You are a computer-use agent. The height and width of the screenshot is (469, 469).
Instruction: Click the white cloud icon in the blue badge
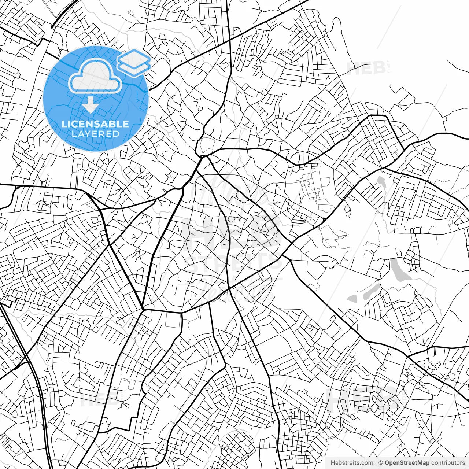pyautogui.click(x=96, y=76)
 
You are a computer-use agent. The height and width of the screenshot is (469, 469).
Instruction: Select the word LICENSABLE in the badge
pyautogui.click(x=95, y=124)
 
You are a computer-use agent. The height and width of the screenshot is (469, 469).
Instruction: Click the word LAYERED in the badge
pyautogui.click(x=95, y=134)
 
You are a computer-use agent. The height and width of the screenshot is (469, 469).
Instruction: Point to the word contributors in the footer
pyautogui.click(x=447, y=463)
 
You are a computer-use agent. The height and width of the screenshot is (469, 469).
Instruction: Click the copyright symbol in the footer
pyautogui.click(x=381, y=463)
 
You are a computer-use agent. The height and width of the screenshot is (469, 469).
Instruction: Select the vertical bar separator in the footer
pyautogui.click(x=376, y=463)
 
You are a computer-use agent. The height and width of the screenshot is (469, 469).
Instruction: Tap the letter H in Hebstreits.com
pyautogui.click(x=333, y=463)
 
